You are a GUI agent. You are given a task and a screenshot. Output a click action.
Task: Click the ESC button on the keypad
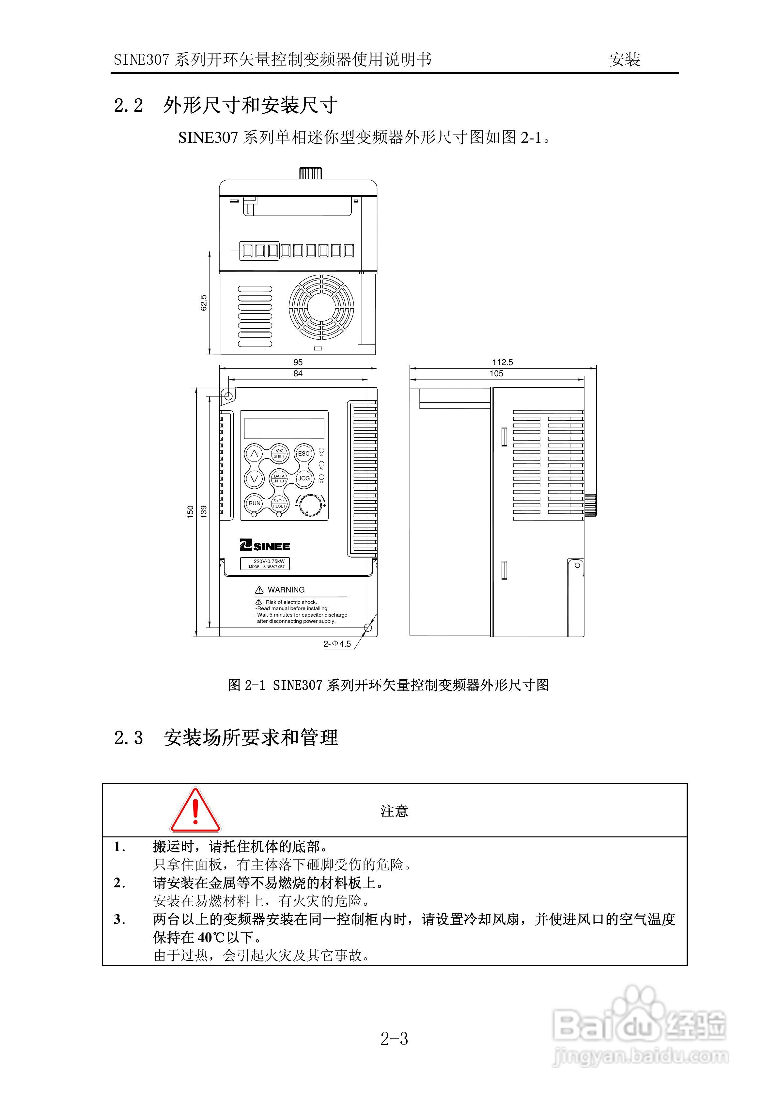(303, 453)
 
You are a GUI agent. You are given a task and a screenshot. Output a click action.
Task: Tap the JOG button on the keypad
(303, 478)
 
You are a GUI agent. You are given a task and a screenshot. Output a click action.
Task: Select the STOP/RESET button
(279, 503)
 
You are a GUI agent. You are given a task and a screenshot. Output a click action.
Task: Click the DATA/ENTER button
(279, 478)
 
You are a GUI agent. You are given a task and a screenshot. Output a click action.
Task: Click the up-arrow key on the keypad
(254, 453)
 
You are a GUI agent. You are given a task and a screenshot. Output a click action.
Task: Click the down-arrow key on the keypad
(254, 478)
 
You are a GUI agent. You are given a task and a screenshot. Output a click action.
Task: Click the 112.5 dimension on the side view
(502, 362)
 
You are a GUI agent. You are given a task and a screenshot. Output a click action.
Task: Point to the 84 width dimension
(298, 373)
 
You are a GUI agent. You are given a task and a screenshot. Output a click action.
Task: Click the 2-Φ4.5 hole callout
(337, 644)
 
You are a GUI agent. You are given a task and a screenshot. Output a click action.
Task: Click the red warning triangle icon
(195, 811)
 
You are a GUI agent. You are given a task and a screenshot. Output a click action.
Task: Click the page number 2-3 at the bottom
(394, 1039)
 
